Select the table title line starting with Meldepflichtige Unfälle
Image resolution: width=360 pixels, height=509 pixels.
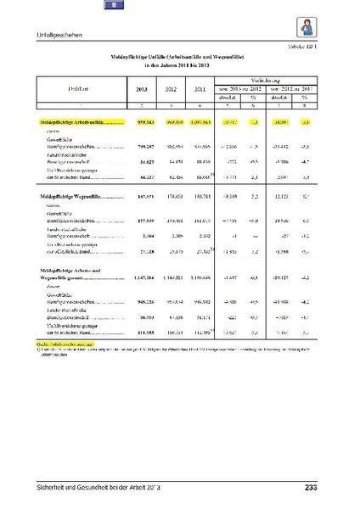pyautogui.click(x=179, y=56)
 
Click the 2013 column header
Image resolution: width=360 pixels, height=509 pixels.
pyautogui.click(x=142, y=88)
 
